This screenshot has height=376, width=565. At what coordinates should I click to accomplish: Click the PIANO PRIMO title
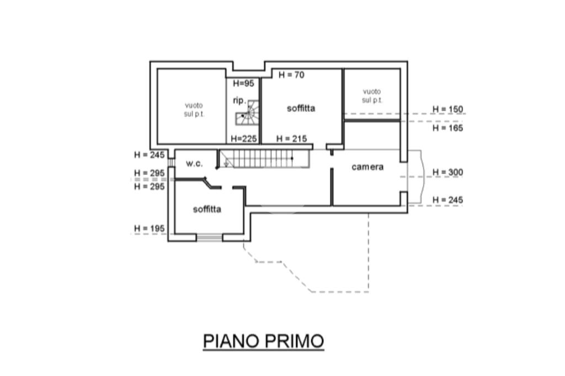[263, 341]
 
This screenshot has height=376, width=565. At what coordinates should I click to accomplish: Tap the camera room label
[367, 167]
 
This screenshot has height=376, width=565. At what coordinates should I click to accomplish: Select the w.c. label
[194, 164]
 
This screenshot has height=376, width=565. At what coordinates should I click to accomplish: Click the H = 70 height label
[291, 75]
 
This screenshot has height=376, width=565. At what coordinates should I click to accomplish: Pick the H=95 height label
[243, 84]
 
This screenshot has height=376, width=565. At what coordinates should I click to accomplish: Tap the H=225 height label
[244, 139]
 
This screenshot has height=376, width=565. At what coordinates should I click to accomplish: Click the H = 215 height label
[291, 139]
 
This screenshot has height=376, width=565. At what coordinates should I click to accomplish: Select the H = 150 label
[447, 109]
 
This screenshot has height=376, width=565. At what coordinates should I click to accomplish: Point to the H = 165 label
[447, 128]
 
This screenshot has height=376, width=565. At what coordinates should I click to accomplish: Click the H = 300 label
[447, 172]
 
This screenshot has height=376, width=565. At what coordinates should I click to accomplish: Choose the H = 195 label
[149, 228]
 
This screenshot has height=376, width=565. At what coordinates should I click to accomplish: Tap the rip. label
[239, 100]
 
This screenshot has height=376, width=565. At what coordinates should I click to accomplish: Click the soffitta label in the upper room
[301, 108]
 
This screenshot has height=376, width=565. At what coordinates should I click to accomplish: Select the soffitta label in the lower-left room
[207, 209]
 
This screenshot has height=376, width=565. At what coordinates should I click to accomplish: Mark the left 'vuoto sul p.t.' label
[194, 109]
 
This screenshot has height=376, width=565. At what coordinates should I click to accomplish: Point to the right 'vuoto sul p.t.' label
[372, 95]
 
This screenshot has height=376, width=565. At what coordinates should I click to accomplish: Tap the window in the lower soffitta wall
[210, 238]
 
